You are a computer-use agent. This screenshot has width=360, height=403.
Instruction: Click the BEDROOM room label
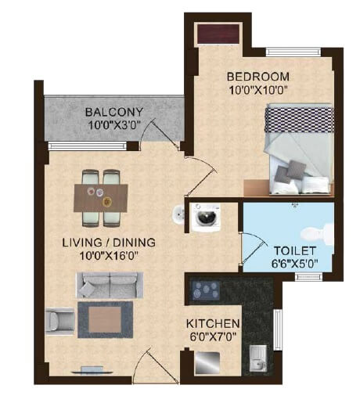[x=257, y=77]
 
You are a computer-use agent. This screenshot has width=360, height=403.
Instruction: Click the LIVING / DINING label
[x=109, y=243]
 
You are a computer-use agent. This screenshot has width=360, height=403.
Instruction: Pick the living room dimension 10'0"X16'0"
[x=109, y=256]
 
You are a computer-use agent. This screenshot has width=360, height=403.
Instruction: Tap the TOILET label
[x=293, y=250]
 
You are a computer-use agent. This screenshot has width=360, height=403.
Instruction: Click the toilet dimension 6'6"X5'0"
[x=293, y=264]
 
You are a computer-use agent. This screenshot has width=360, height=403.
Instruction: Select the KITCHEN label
[x=212, y=323]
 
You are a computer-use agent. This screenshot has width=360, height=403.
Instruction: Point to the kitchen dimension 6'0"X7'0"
[x=212, y=336]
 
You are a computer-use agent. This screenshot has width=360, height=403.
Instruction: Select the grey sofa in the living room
[x=109, y=284]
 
